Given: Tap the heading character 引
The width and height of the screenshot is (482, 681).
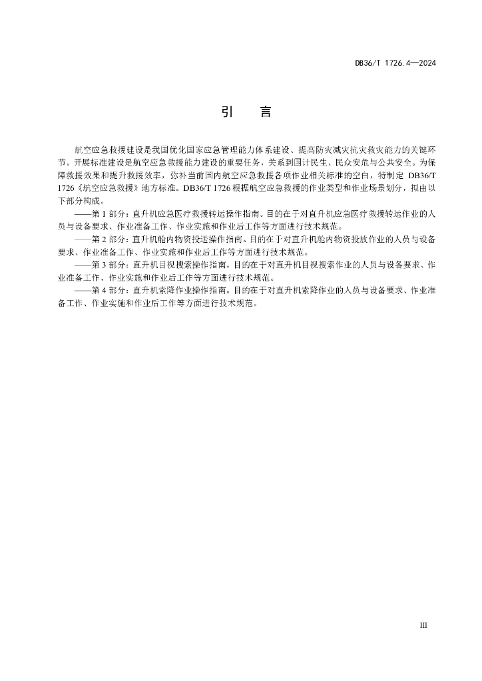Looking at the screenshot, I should [226, 112].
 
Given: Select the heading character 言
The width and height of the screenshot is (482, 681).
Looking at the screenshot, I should [265, 112].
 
